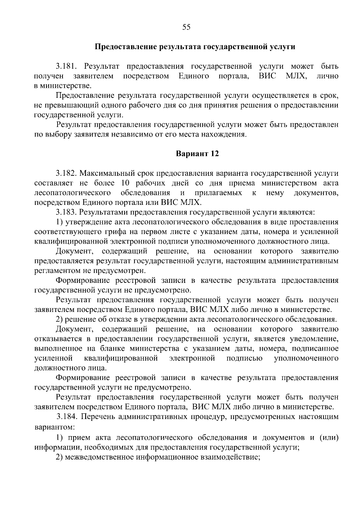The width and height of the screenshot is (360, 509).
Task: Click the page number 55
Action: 186,27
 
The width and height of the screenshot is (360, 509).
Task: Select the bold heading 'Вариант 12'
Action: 197,154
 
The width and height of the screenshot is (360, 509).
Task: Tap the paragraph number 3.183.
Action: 67,212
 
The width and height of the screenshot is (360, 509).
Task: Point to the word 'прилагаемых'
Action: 218,193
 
